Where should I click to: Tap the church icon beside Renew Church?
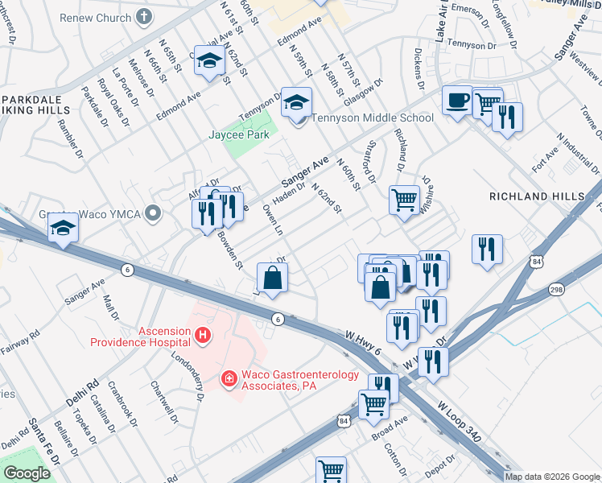(x=144, y=16)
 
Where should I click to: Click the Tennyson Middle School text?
(x=372, y=118)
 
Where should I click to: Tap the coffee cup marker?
(x=458, y=101)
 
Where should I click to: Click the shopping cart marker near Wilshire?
(x=404, y=198)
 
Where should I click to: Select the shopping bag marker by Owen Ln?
(x=273, y=279)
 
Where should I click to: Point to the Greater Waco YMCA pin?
(x=155, y=214)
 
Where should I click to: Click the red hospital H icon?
(x=204, y=334)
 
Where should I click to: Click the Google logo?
(x=27, y=473)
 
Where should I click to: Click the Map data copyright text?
(x=551, y=477)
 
